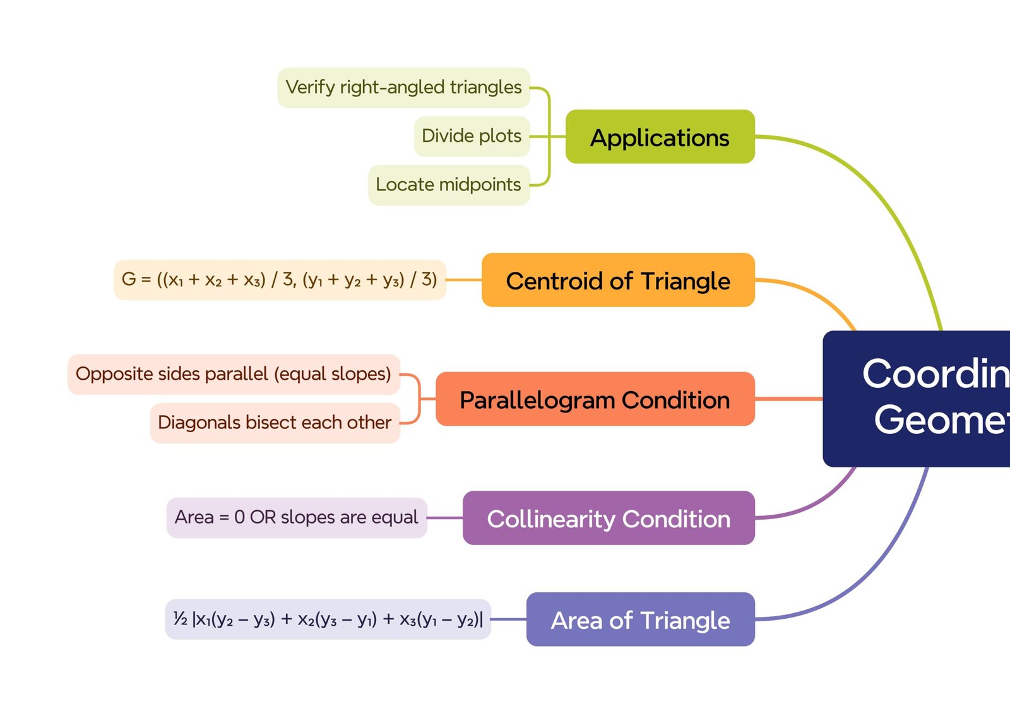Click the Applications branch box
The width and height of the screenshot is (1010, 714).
(x=660, y=137)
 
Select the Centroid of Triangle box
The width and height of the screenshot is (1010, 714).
(x=618, y=280)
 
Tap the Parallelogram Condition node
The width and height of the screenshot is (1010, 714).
(x=595, y=399)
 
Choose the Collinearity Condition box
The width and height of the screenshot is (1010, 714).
(x=609, y=518)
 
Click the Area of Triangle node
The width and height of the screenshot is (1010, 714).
(x=640, y=619)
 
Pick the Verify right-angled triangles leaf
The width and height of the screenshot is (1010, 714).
(x=403, y=88)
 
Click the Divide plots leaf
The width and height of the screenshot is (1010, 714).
(x=472, y=136)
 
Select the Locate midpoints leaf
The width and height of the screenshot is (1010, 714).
(x=448, y=185)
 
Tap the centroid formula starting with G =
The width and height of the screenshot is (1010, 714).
(x=279, y=279)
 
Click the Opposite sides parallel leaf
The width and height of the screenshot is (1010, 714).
(x=234, y=374)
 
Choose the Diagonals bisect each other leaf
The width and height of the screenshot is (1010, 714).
(x=275, y=423)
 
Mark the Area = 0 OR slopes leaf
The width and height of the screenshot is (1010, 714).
(x=296, y=518)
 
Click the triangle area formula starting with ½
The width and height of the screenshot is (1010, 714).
(x=328, y=619)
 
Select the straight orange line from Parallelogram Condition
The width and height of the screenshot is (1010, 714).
(x=788, y=399)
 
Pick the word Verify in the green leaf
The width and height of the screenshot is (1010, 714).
(x=309, y=88)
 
